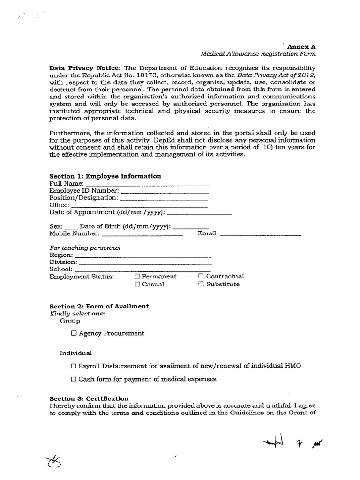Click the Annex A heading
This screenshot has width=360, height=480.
pos(301,47)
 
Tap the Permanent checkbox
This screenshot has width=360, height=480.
pos(137,277)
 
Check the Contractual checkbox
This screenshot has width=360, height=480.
pos(201,277)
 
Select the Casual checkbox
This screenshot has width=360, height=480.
pos(137,285)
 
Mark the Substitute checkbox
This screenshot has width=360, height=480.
pos(201,285)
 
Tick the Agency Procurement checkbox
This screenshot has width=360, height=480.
pos(74,333)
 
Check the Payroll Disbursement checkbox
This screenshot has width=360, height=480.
pos(74,366)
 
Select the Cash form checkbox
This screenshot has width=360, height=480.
pos(74,379)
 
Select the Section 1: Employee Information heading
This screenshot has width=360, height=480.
pos(105,176)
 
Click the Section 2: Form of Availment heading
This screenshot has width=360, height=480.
pos(99,306)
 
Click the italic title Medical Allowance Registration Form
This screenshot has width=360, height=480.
pos(258,54)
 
